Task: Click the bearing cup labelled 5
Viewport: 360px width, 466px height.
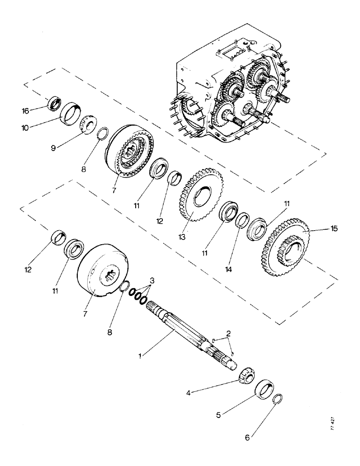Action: point(266,388)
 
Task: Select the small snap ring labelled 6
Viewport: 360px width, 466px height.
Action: point(277,399)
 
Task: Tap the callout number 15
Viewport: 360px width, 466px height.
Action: point(334,229)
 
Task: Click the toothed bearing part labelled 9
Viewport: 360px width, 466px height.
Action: point(87,125)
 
